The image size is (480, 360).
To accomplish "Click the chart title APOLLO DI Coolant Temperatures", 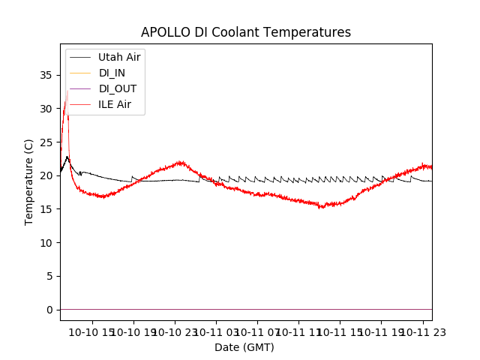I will (246, 32).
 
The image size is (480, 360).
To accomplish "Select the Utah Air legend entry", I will (119, 57).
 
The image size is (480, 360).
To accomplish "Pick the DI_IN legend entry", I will (113, 73).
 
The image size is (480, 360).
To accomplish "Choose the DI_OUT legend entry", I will (118, 88).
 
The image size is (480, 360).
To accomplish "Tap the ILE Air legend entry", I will (115, 104).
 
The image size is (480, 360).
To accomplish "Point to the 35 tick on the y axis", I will (46, 75).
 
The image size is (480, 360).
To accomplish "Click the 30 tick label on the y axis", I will (46, 109).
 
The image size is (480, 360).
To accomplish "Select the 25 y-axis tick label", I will (46, 142).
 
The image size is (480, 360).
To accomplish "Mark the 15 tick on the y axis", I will (46, 209).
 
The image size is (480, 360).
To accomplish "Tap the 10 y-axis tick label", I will (46, 243).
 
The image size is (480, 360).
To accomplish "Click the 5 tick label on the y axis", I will (49, 276).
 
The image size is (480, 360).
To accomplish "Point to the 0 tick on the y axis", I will (49, 310).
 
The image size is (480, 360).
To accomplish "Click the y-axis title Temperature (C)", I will (28, 181).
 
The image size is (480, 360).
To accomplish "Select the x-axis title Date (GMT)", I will (244, 347).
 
